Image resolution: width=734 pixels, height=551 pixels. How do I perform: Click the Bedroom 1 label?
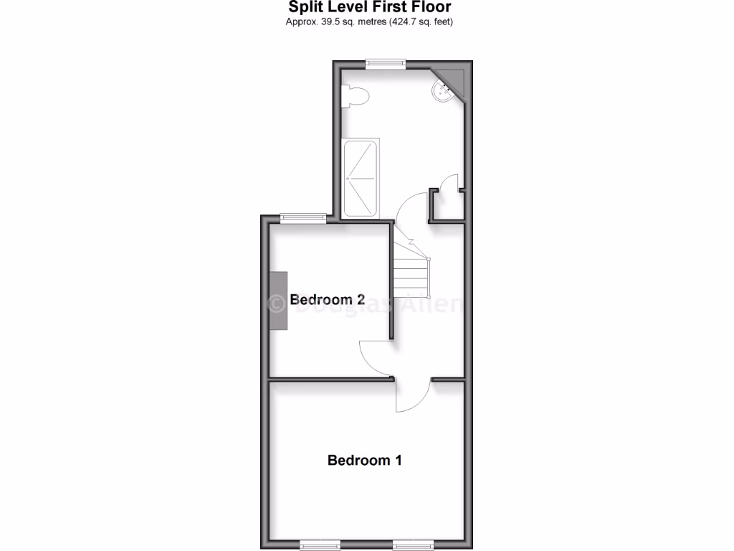tap(364, 460)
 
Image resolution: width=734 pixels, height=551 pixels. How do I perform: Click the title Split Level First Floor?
tap(369, 7)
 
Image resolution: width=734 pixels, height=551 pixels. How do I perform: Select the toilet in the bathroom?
tap(355, 95)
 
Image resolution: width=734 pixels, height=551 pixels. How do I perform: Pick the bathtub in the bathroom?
tap(361, 178)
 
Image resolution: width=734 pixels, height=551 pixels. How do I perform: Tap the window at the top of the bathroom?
tap(386, 64)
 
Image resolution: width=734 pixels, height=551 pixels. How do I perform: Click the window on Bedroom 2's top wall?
tap(303, 218)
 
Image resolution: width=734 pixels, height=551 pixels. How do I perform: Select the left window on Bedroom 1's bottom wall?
tap(320, 543)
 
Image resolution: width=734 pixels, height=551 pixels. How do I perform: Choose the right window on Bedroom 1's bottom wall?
tap(413, 543)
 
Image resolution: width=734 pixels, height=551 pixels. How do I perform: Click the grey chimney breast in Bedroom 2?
tap(278, 301)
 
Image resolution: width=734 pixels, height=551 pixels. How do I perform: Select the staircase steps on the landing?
tap(411, 273)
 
